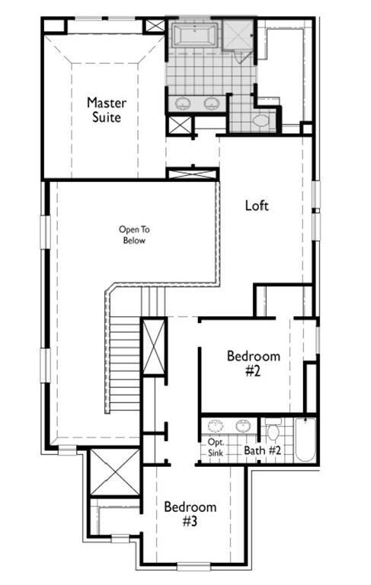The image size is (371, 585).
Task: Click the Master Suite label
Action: pos(107,110)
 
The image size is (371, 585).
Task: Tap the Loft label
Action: pos(257,205)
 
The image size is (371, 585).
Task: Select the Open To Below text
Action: pos(134,235)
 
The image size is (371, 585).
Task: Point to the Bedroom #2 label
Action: pos(254,363)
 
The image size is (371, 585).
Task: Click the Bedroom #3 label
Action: pos(190,513)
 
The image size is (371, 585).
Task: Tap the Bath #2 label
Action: pos(262,450)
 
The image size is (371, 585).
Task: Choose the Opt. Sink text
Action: pos(216,447)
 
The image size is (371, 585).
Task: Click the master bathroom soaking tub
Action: pos(194,35)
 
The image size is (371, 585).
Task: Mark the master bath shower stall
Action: pos(238,35)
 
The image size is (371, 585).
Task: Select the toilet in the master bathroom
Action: pos(261,120)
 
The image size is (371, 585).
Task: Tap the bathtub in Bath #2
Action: pos(305,440)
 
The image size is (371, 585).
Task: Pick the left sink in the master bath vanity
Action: pos(182,103)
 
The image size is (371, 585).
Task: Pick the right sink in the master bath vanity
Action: pos(212,103)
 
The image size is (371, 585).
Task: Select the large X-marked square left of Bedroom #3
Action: pos(115,472)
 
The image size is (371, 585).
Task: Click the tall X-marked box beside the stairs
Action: pos(154,347)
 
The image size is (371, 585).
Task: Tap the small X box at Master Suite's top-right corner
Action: pos(155,26)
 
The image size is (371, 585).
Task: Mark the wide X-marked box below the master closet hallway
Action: pos(193,174)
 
